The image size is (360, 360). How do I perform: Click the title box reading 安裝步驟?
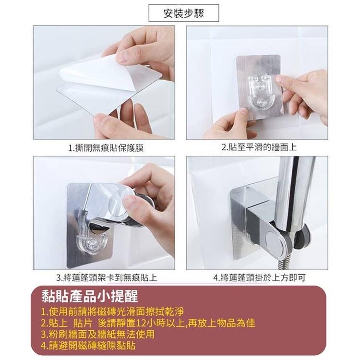pos(184,13)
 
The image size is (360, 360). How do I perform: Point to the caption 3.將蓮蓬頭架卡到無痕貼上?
pos(106,277)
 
